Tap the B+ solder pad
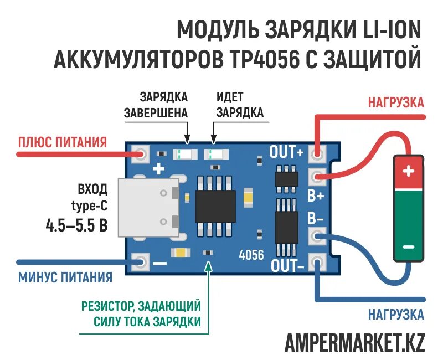point(317,178)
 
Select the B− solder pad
point(317,236)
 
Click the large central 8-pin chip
point(215,207)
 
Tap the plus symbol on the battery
point(409,171)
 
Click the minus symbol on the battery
point(409,246)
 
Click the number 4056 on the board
point(251,255)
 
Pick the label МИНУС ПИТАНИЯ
point(65,277)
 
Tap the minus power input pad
point(141,261)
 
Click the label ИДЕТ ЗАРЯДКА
point(239,105)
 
